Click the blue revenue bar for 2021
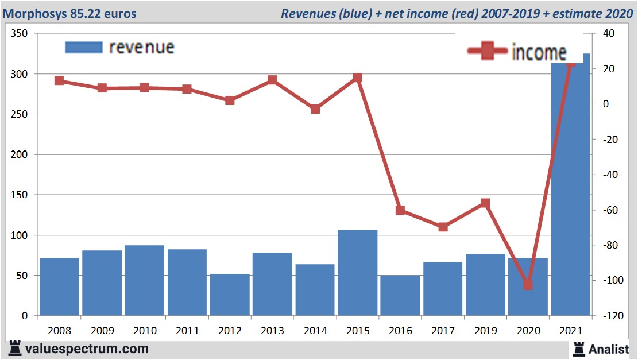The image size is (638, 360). click(570, 189)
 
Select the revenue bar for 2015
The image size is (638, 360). click(357, 273)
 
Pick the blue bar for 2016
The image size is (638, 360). click(400, 295)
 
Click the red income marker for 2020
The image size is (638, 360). click(528, 284)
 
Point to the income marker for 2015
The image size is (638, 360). click(357, 78)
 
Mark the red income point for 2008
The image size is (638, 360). click(59, 80)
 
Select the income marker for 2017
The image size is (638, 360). click(443, 227)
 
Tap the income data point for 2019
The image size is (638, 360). click(485, 203)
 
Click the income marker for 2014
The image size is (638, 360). click(315, 109)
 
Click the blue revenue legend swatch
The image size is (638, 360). click(84, 48)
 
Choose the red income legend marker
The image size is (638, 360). click(488, 52)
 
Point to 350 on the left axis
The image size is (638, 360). click(20, 34)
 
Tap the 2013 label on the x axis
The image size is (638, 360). click(272, 331)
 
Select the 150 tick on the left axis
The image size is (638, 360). click(20, 195)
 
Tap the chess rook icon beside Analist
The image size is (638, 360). click(578, 348)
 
